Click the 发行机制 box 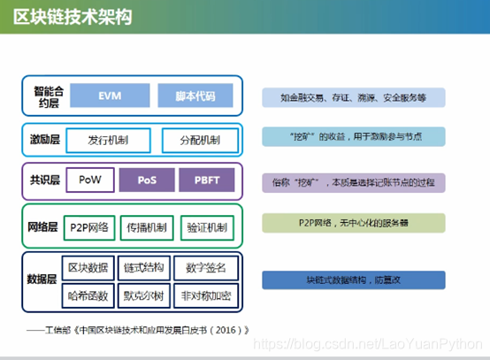tap(110, 140)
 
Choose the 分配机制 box tap(201, 140)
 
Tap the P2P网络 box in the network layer tap(88, 227)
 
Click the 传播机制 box tap(146, 227)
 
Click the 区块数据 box tap(88, 266)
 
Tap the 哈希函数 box tap(88, 294)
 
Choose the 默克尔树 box tap(146, 294)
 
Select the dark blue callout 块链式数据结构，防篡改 tap(353, 280)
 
